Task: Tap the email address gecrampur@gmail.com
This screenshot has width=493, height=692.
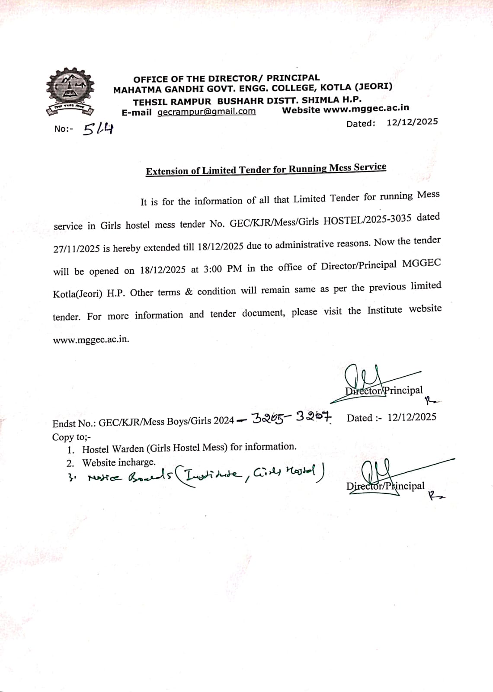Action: [x=206, y=112]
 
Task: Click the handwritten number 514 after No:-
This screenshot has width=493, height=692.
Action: [x=98, y=128]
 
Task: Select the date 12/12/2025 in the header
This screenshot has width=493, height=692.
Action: [x=412, y=122]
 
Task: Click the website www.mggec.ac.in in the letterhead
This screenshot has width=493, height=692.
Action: [x=366, y=109]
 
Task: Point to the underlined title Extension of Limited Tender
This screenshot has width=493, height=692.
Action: [x=266, y=169]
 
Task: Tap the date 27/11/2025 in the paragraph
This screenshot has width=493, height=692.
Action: [x=77, y=249]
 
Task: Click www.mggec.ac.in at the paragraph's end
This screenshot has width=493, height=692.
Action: [x=91, y=340]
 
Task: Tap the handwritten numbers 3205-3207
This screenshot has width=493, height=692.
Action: [x=292, y=417]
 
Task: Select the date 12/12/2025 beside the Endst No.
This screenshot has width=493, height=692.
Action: [x=412, y=417]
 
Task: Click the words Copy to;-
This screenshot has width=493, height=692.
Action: [x=71, y=437]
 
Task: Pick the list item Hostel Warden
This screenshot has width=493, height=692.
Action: [x=189, y=448]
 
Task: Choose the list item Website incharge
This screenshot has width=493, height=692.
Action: [x=119, y=463]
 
